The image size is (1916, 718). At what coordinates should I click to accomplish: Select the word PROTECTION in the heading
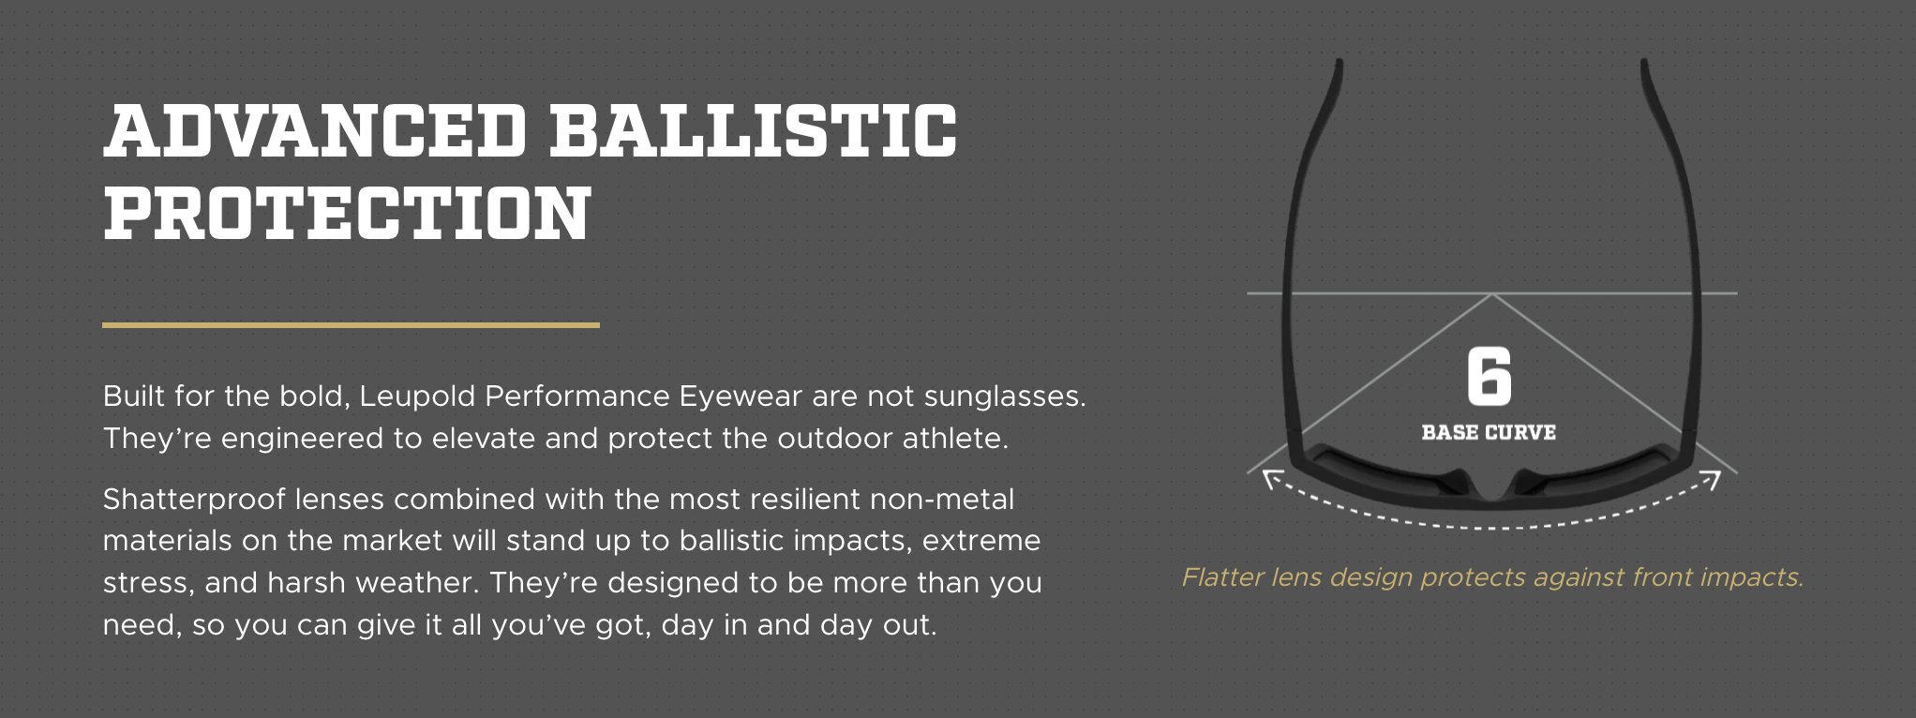(x=347, y=213)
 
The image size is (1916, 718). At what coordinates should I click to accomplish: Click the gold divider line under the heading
(x=351, y=325)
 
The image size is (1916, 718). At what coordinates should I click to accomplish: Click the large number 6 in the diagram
(x=1489, y=376)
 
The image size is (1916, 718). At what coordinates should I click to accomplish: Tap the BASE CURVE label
(x=1489, y=432)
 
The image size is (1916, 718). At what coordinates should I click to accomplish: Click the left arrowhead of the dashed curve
(x=1271, y=479)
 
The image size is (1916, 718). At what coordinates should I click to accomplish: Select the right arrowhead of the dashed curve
(x=1712, y=479)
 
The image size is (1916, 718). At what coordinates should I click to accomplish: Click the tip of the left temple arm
(x=1339, y=64)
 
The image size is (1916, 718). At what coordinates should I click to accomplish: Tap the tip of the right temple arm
(x=1644, y=64)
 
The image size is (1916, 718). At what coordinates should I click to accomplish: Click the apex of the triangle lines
(x=1492, y=294)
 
